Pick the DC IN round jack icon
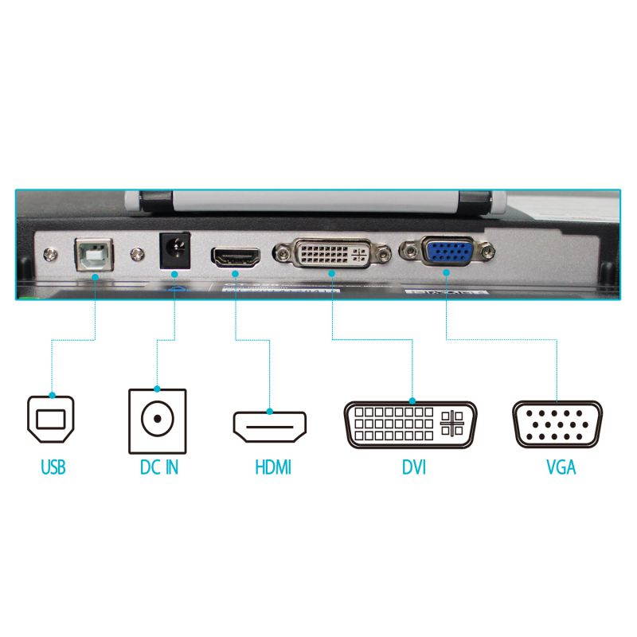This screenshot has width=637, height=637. (x=157, y=419)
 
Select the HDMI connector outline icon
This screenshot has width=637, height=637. (x=271, y=426)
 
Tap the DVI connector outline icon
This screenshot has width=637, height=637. (x=411, y=424)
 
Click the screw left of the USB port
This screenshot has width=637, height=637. (x=53, y=254)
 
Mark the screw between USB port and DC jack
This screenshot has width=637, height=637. (x=137, y=254)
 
